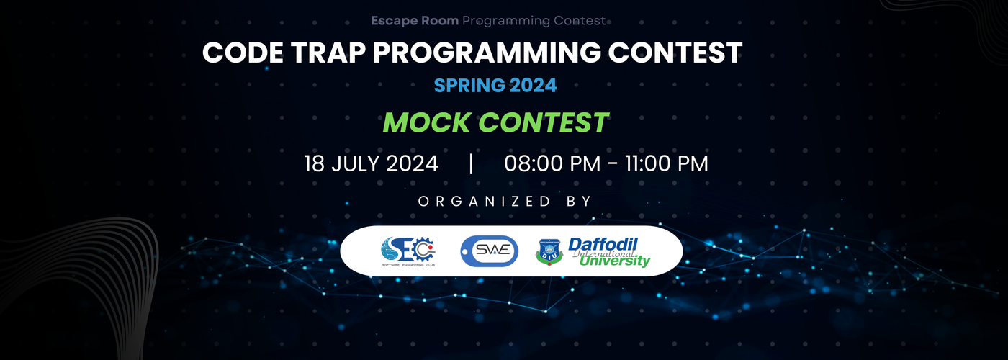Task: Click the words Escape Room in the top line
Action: tap(415, 21)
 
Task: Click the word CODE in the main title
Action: tap(239, 53)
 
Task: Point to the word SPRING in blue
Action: tap(469, 86)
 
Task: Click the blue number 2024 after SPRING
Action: tap(533, 86)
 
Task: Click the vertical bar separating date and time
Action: tap(471, 163)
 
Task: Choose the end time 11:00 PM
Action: tap(662, 163)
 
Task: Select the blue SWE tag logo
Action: tap(489, 250)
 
